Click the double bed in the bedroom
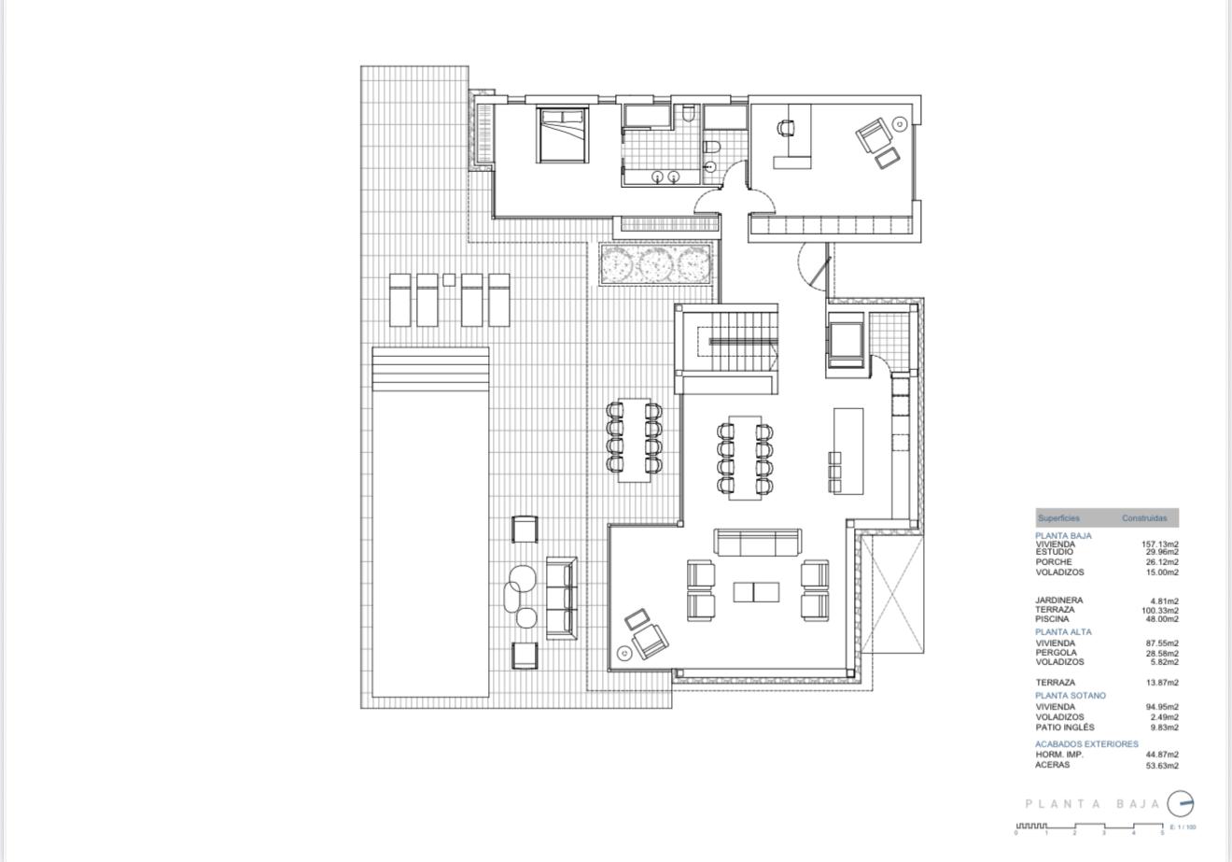(x=562, y=135)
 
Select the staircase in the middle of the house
(x=743, y=342)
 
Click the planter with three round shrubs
(x=657, y=265)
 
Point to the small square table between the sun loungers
(x=449, y=279)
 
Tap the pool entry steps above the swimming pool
(x=430, y=369)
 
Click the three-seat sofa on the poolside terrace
(x=561, y=598)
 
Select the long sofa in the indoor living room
(x=757, y=543)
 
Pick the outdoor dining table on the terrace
(x=634, y=439)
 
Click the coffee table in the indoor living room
(x=756, y=591)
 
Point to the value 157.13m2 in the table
(x=1161, y=544)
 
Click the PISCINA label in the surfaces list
(x=1052, y=619)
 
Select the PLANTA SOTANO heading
(x=1070, y=696)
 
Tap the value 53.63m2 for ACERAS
(x=1162, y=765)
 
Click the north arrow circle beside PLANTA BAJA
(x=1181, y=803)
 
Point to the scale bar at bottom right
(x=1088, y=827)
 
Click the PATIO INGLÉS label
(x=1065, y=727)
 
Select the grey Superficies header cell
(x=1058, y=518)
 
